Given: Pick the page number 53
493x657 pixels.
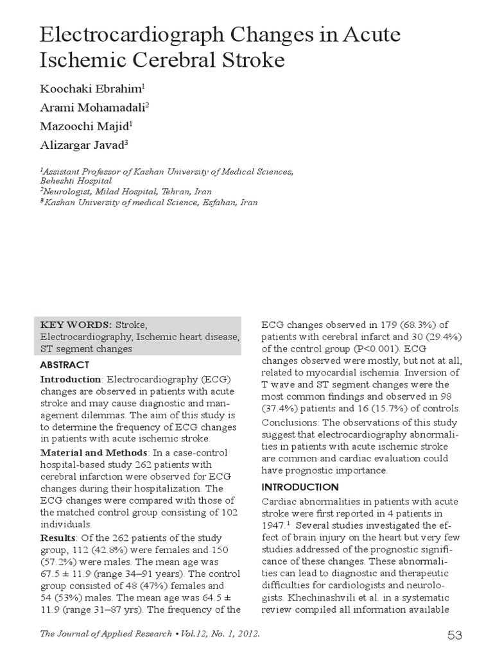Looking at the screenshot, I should (x=454, y=635).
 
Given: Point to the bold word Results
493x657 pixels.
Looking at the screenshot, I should (x=58, y=537).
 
